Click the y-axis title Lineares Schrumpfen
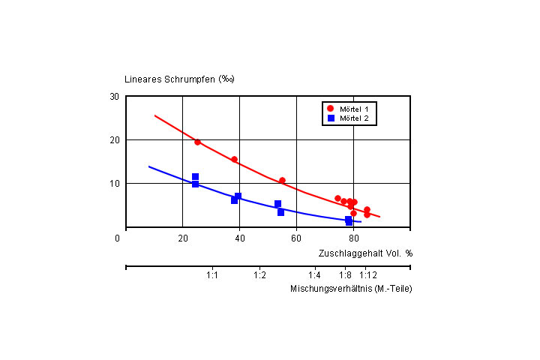point(179,79)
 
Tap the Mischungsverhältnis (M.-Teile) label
point(351,289)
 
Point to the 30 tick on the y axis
point(114,97)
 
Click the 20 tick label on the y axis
point(114,140)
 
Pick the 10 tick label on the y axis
point(114,183)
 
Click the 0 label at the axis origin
point(117,238)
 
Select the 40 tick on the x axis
point(239,238)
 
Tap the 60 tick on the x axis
point(296,238)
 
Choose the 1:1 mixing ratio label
point(212,275)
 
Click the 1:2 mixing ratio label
point(260,275)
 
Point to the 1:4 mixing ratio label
point(314,275)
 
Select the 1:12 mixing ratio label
point(368,275)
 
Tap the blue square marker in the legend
point(331,118)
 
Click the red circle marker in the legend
point(331,109)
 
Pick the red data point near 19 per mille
point(197,142)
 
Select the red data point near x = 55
point(282,181)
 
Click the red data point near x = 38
point(234,159)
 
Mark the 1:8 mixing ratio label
point(345,275)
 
